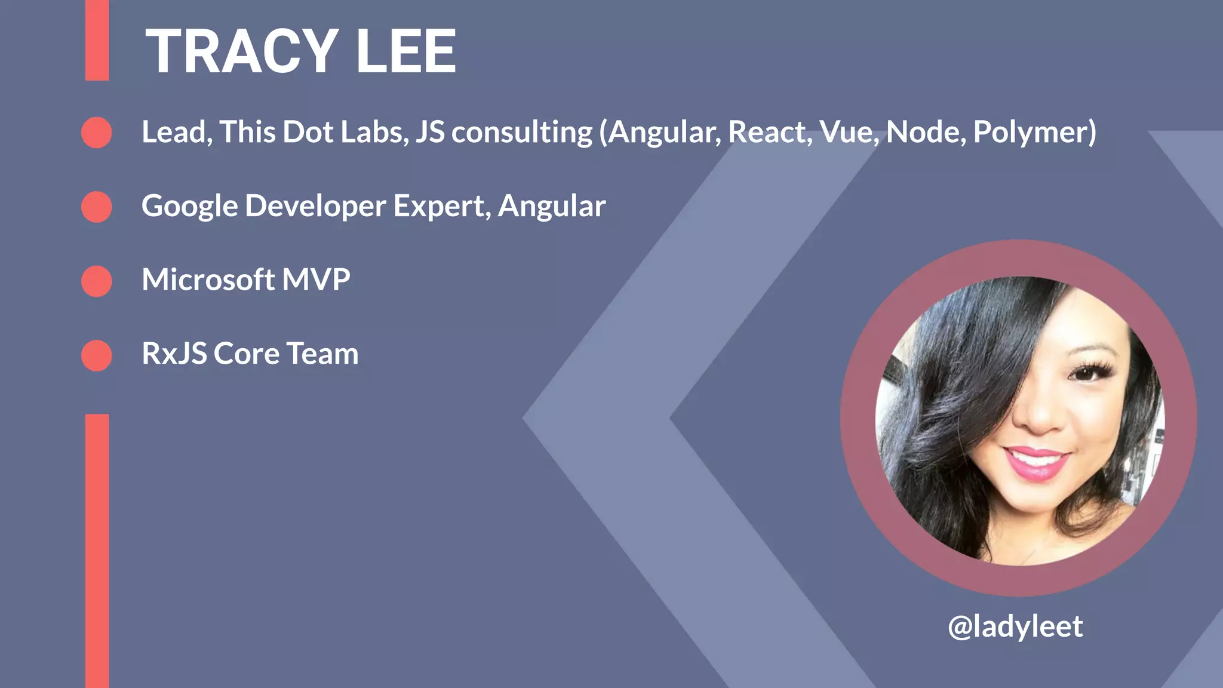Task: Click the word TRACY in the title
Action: (x=242, y=52)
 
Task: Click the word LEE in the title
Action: (x=405, y=52)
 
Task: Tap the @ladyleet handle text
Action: (x=1015, y=626)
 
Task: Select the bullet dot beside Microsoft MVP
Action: (x=97, y=281)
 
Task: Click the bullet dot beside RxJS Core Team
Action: (x=97, y=355)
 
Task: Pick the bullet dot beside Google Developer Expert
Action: (x=97, y=207)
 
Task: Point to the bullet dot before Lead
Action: (x=97, y=133)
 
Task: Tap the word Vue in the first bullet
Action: (x=849, y=132)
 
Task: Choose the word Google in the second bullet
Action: (x=189, y=207)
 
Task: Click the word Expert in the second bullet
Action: (x=441, y=207)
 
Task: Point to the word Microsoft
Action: (x=208, y=279)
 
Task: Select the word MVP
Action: (x=316, y=279)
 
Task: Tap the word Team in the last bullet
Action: (x=322, y=354)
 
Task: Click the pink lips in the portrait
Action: (x=1036, y=463)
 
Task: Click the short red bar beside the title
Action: (x=97, y=40)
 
